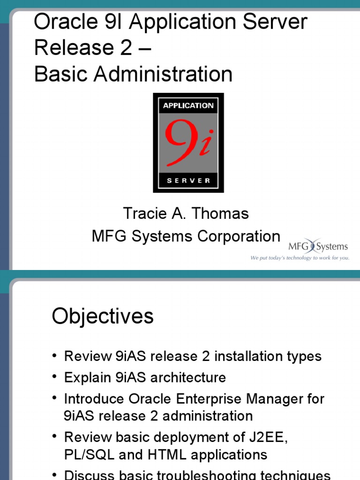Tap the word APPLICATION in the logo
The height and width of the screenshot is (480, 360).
(188, 106)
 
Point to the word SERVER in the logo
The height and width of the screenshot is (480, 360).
(188, 181)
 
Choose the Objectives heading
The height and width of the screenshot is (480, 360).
(103, 316)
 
